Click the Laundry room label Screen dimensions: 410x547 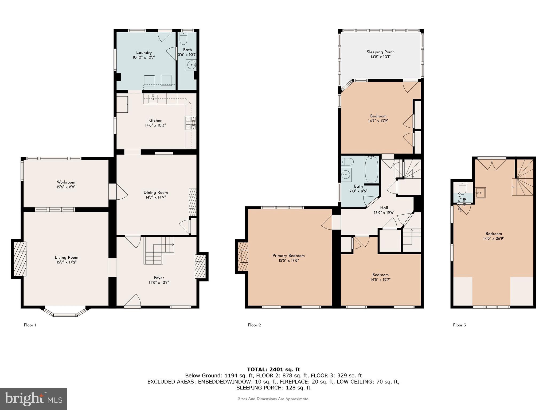point(144,53)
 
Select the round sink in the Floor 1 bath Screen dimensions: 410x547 point(191,65)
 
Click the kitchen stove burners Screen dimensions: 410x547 point(190,123)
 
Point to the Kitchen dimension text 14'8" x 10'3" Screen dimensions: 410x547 point(155,125)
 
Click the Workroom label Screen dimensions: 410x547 point(66,182)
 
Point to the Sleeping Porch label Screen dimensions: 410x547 point(380,52)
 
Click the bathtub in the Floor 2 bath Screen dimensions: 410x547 point(371,169)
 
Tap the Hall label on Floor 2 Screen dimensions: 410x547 point(384,208)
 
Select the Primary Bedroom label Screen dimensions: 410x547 point(288,255)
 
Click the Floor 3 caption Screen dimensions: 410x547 point(459,325)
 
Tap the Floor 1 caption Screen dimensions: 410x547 point(30,325)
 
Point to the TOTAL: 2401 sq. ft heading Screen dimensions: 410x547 point(273,369)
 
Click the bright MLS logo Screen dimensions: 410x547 point(33,399)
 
